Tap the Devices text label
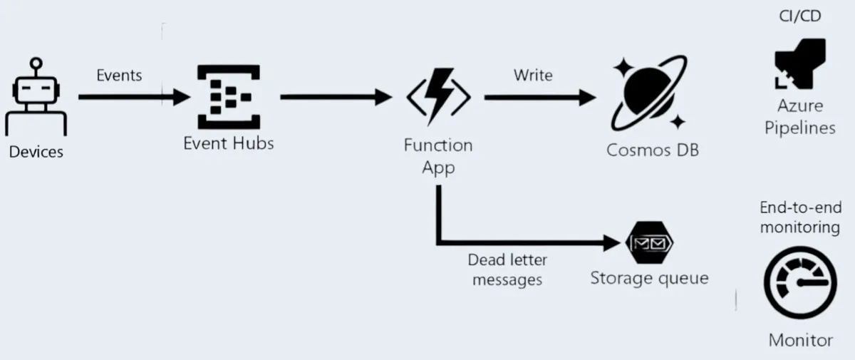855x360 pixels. click(36, 151)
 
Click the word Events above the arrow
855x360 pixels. click(119, 75)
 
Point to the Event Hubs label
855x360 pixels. click(228, 143)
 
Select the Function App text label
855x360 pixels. click(438, 156)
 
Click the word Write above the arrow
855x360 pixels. click(533, 75)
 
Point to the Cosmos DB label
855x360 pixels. click(652, 150)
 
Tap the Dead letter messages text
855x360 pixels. click(507, 269)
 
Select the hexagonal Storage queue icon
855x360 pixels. click(649, 244)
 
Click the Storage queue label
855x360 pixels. click(649, 277)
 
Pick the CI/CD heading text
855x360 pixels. click(800, 16)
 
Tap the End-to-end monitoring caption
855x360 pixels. click(799, 217)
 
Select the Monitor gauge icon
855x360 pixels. click(799, 285)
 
